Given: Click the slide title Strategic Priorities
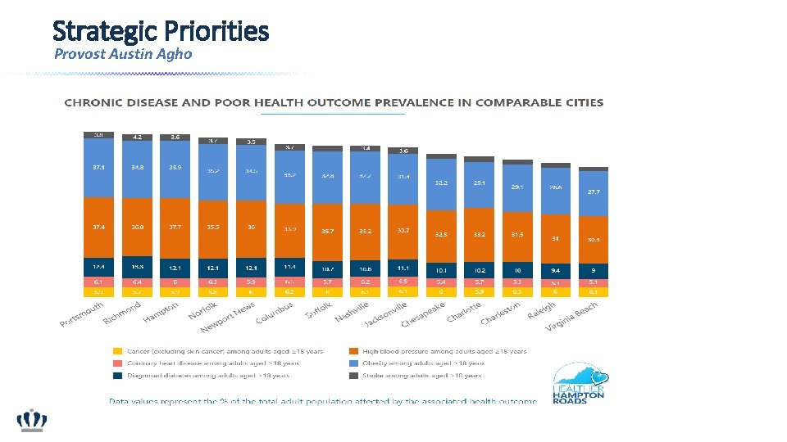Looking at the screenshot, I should (x=160, y=31).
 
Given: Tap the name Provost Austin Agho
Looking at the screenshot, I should (x=123, y=54).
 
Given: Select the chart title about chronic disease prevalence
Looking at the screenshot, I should (x=334, y=103).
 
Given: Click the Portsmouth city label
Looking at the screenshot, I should (x=82, y=314).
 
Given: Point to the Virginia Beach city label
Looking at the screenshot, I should (x=575, y=315).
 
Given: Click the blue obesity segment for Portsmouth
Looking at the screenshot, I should (x=98, y=168).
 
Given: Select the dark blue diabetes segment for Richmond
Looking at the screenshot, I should (x=137, y=267).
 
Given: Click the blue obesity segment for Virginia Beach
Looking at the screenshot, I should (x=594, y=193).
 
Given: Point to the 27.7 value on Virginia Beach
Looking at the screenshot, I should (x=594, y=191).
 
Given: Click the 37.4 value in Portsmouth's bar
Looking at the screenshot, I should (x=98, y=228).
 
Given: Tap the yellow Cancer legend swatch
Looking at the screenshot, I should (x=118, y=352).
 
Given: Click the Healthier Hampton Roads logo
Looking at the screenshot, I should (x=578, y=383).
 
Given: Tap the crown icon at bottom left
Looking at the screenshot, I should (x=33, y=421).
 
